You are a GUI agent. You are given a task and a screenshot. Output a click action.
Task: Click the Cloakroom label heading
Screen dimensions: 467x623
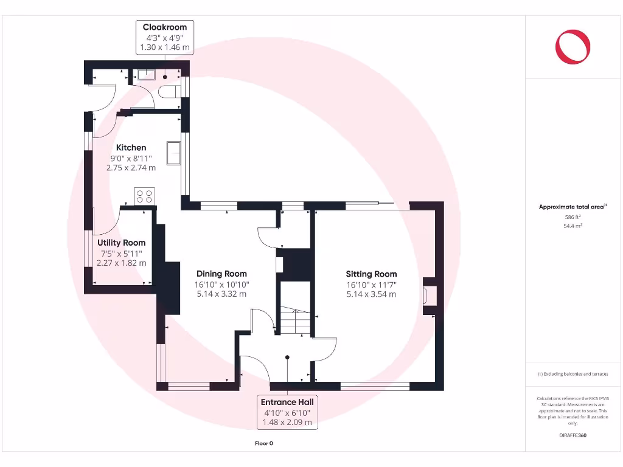pyautogui.click(x=164, y=27)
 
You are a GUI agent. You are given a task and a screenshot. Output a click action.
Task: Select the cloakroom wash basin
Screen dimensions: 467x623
pyautogui.click(x=146, y=75)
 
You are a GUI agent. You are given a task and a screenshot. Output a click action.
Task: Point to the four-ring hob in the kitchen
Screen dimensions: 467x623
pyautogui.click(x=145, y=196)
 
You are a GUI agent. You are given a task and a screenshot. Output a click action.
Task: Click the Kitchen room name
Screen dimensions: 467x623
pyautogui.click(x=131, y=147)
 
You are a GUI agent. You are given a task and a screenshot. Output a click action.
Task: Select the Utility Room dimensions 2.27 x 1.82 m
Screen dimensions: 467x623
pyautogui.click(x=122, y=263)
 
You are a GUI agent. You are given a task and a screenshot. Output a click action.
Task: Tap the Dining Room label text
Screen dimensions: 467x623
pyautogui.click(x=221, y=274)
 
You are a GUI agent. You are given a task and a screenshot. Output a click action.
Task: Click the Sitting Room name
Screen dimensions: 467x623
pyautogui.click(x=371, y=274)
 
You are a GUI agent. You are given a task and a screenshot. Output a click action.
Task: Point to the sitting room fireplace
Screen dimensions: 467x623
pyautogui.click(x=428, y=295)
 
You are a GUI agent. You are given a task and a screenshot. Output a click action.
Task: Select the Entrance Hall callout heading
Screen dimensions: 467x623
pyautogui.click(x=287, y=402)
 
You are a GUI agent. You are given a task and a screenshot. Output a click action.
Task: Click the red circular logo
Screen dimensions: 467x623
pyautogui.click(x=573, y=47)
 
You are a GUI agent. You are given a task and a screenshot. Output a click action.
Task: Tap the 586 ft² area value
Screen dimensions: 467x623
pyautogui.click(x=573, y=216)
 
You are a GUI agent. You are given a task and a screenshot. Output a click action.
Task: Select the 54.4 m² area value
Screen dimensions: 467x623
pyautogui.click(x=573, y=226)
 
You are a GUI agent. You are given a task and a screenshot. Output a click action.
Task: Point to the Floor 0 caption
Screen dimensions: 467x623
pyautogui.click(x=263, y=443)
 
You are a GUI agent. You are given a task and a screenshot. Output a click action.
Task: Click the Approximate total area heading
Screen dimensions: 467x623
pyautogui.click(x=573, y=207)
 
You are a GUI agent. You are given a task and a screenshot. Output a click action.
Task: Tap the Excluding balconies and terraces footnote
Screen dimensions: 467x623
pyautogui.click(x=572, y=374)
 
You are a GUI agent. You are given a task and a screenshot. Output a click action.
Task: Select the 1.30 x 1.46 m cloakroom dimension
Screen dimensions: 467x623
pyautogui.click(x=164, y=46)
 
